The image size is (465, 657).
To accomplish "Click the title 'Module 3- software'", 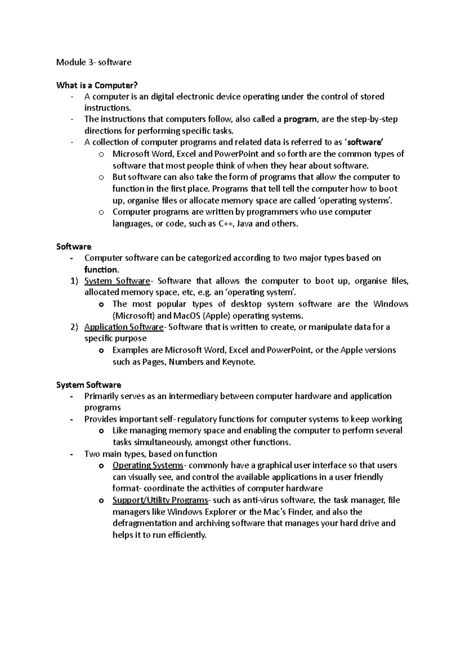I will [94, 62].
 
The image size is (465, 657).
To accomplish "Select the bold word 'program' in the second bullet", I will [300, 119].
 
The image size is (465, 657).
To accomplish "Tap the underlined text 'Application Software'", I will [124, 327].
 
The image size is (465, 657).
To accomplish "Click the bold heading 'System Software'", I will [88, 385].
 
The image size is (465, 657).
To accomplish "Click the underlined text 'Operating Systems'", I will [148, 465].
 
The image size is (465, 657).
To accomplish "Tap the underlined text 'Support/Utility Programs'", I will [160, 500].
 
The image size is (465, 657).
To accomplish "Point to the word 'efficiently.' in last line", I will [185, 535].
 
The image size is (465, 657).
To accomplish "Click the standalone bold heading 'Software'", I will [74, 246].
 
